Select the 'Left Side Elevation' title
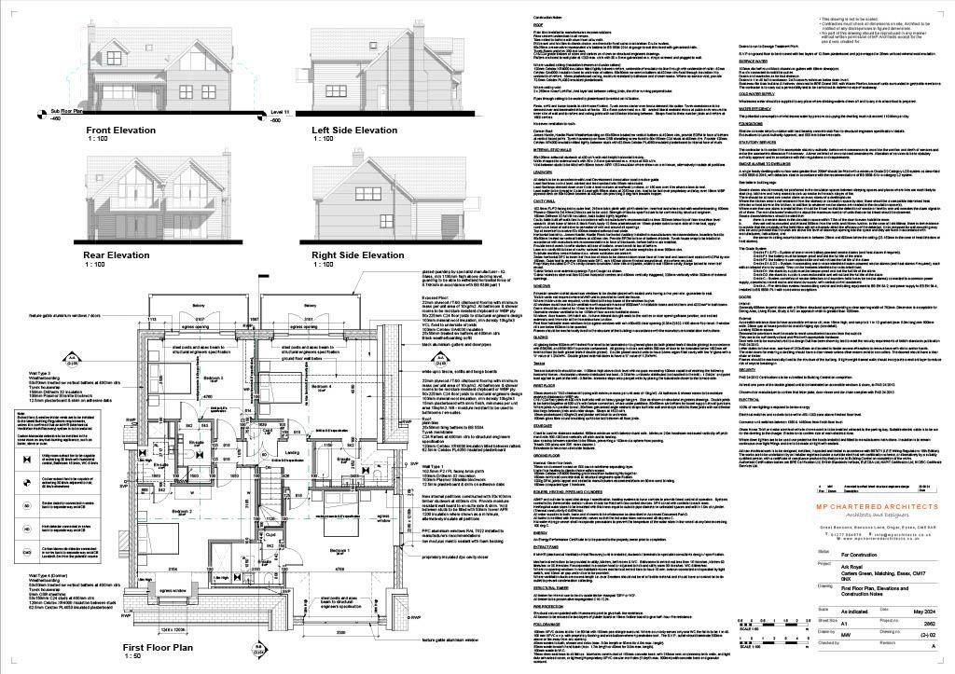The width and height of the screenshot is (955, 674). [x=353, y=131]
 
